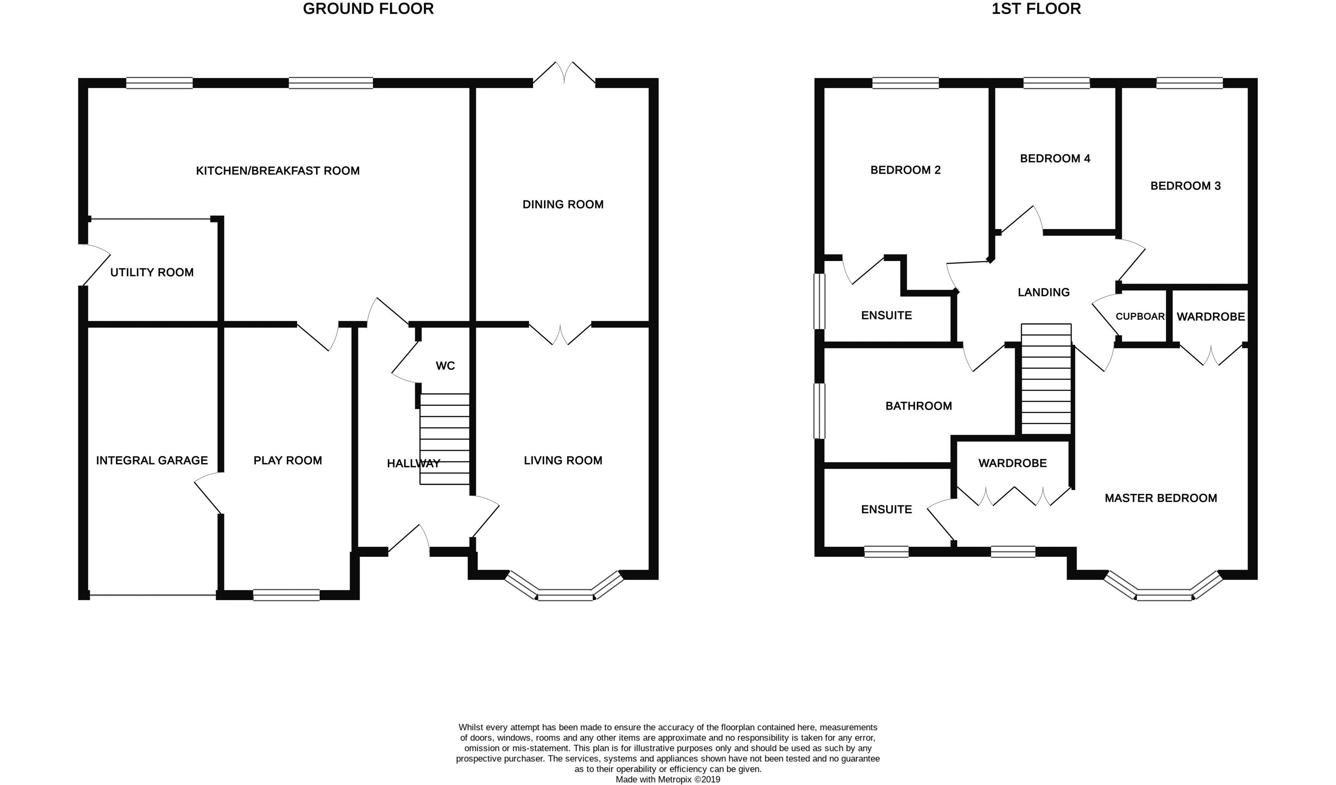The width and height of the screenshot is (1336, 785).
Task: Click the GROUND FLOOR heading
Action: point(368,9)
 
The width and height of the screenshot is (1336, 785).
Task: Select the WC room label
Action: point(445,366)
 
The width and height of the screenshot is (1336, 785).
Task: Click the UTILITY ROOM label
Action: point(152,272)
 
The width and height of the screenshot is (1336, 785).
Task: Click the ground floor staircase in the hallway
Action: point(444,439)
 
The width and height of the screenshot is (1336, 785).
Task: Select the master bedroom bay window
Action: point(1164,594)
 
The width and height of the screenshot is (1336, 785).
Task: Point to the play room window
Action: point(286,595)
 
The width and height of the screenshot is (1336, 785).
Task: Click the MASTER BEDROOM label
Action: point(1160,498)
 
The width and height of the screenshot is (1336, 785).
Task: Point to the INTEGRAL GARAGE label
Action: point(152,460)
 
